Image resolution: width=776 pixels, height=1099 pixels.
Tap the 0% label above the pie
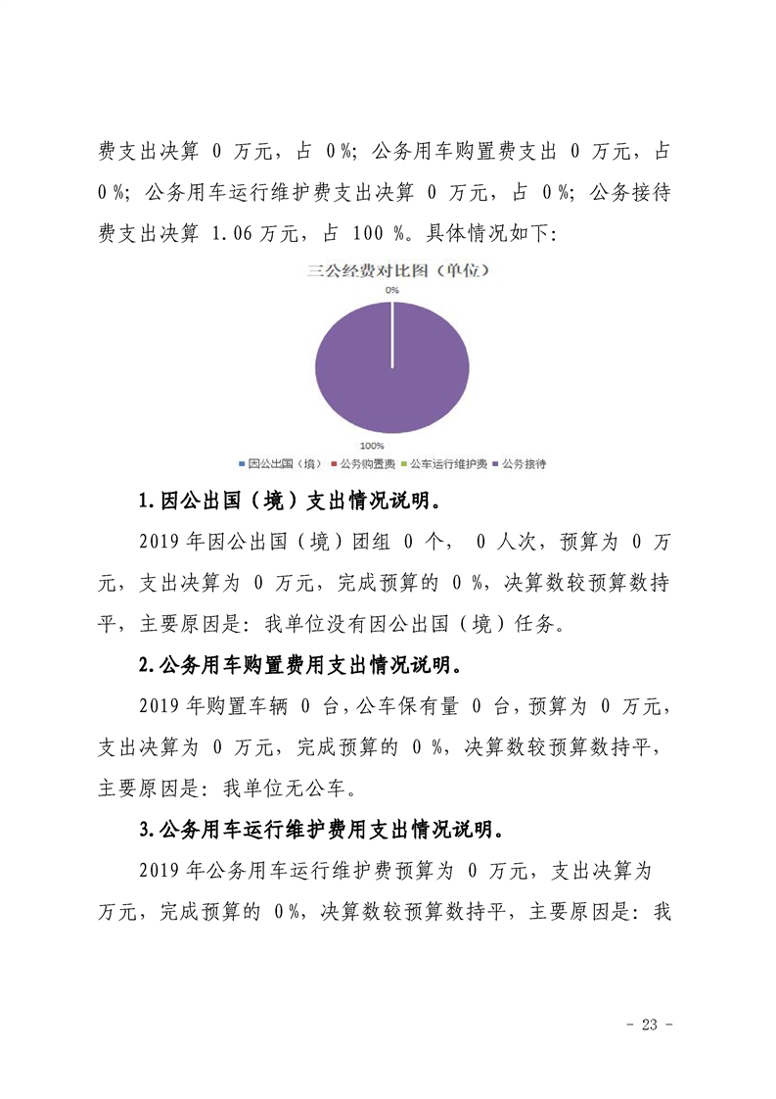click(391, 291)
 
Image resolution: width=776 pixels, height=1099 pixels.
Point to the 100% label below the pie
click(371, 446)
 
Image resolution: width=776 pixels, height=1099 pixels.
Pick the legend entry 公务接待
click(524, 463)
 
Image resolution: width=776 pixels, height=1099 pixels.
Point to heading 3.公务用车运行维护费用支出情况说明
click(322, 831)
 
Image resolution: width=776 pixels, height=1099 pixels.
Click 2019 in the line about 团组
click(160, 542)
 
